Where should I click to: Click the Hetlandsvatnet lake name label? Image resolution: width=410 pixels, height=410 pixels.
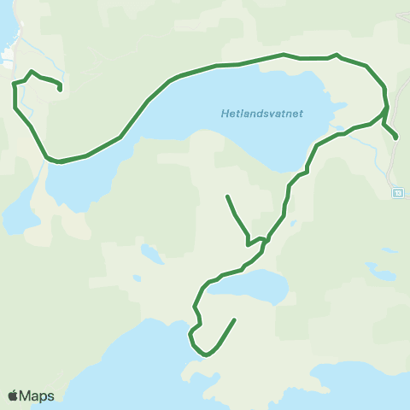[262, 112]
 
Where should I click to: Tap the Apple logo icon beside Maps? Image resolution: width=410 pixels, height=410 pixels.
[14, 395]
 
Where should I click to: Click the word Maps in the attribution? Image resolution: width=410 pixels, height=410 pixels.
[37, 395]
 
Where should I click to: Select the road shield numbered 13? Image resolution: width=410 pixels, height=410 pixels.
[397, 193]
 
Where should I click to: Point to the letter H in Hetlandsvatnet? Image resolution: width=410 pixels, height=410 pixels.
[225, 112]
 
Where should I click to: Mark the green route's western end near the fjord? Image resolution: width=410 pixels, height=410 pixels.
[60, 88]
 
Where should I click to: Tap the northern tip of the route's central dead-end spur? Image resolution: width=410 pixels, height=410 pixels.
[226, 196]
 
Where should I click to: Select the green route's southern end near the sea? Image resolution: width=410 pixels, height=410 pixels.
[234, 319]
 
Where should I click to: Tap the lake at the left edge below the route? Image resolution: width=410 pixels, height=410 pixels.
[17, 218]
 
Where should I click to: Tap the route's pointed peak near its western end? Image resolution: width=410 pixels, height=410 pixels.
[32, 72]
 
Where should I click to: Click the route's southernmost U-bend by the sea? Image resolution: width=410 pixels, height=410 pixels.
[204, 354]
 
